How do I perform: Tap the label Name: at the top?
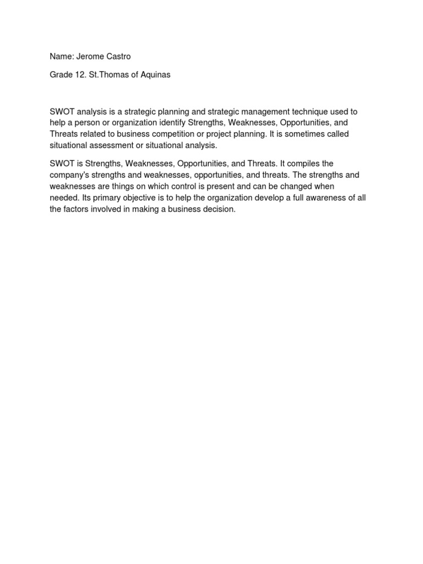[61, 56]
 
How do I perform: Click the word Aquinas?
[155, 75]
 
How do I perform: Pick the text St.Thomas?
[109, 75]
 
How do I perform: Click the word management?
[252, 112]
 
